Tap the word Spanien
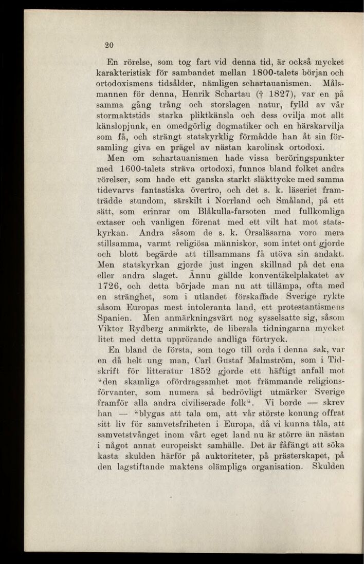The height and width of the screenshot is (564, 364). [x=118, y=340]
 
